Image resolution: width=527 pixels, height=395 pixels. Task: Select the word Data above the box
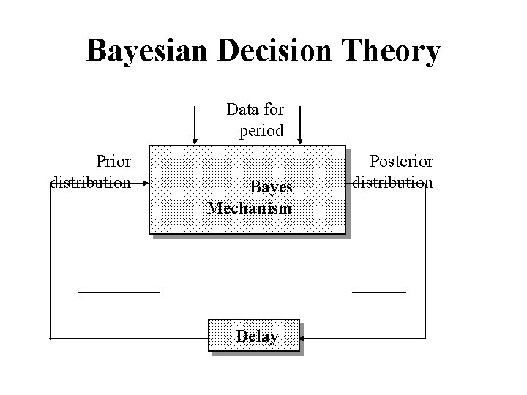pos(242,110)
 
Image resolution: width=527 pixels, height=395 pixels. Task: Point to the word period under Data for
pos(261,132)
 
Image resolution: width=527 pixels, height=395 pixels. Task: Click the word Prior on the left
pos(113,161)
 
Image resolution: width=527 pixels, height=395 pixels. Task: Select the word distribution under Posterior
pos(393,181)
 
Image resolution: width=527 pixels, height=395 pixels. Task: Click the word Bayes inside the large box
pos(271,187)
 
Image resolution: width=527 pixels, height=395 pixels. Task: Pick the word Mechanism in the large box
pos(250,208)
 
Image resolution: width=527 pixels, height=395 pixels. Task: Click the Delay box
pos(255,336)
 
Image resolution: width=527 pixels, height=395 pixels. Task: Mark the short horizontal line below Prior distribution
pos(119,292)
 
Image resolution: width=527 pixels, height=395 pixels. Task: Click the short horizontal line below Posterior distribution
pos(379,292)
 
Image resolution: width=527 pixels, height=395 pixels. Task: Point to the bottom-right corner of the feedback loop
pos(425,339)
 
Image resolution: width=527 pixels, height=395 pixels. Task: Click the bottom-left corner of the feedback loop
pos(51,339)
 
